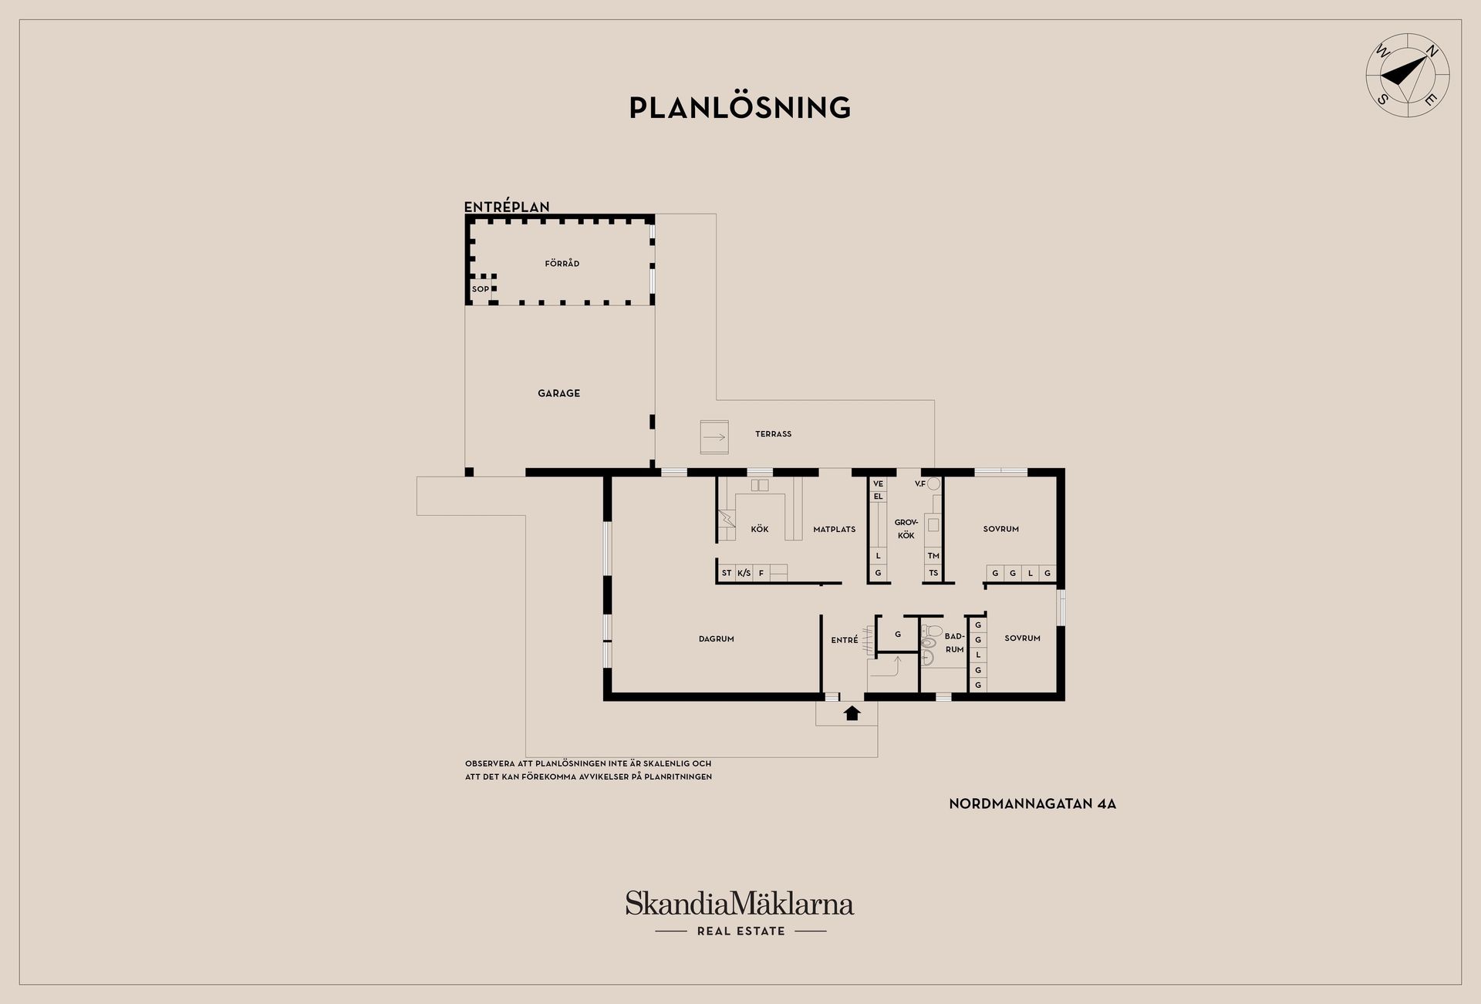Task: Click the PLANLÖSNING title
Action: click(740, 108)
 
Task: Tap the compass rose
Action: click(1408, 76)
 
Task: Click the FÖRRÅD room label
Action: click(562, 264)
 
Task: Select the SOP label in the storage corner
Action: click(481, 289)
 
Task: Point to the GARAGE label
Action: click(558, 393)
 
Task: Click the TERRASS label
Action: click(773, 434)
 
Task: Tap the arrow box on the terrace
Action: click(714, 437)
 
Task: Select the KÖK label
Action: click(760, 529)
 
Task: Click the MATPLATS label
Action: click(835, 530)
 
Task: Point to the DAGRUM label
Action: click(717, 639)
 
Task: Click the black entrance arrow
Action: click(852, 713)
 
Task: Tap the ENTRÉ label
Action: click(845, 640)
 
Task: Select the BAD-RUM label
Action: click(955, 643)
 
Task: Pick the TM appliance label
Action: click(933, 556)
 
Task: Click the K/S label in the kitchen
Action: click(744, 573)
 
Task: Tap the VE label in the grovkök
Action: click(878, 484)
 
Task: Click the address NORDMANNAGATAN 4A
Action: click(1033, 804)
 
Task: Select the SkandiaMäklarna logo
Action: click(740, 913)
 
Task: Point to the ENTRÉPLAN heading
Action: click(507, 207)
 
